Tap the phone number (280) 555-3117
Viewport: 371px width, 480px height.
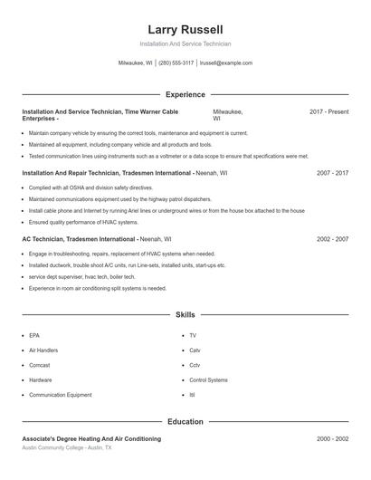(x=176, y=63)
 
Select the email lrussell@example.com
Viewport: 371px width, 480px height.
(x=225, y=63)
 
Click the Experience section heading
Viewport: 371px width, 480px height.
(x=185, y=94)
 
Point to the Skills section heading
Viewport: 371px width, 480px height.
(x=185, y=315)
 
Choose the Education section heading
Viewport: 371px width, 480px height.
(x=185, y=422)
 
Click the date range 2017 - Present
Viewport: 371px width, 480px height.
(x=328, y=111)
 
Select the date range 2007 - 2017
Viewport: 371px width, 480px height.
(x=332, y=172)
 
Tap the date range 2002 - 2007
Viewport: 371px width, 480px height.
(x=332, y=239)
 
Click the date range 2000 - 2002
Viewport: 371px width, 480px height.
(x=332, y=438)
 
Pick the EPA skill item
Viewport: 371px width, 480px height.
(x=34, y=335)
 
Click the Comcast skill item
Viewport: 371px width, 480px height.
(x=39, y=365)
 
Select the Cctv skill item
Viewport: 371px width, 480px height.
(x=195, y=365)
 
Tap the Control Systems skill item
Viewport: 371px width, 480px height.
(x=208, y=380)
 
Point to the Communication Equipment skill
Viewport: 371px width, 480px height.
(x=60, y=395)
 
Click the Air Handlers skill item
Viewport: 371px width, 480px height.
(x=43, y=350)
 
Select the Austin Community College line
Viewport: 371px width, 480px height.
(x=66, y=447)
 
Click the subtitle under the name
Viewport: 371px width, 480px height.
(x=185, y=43)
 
